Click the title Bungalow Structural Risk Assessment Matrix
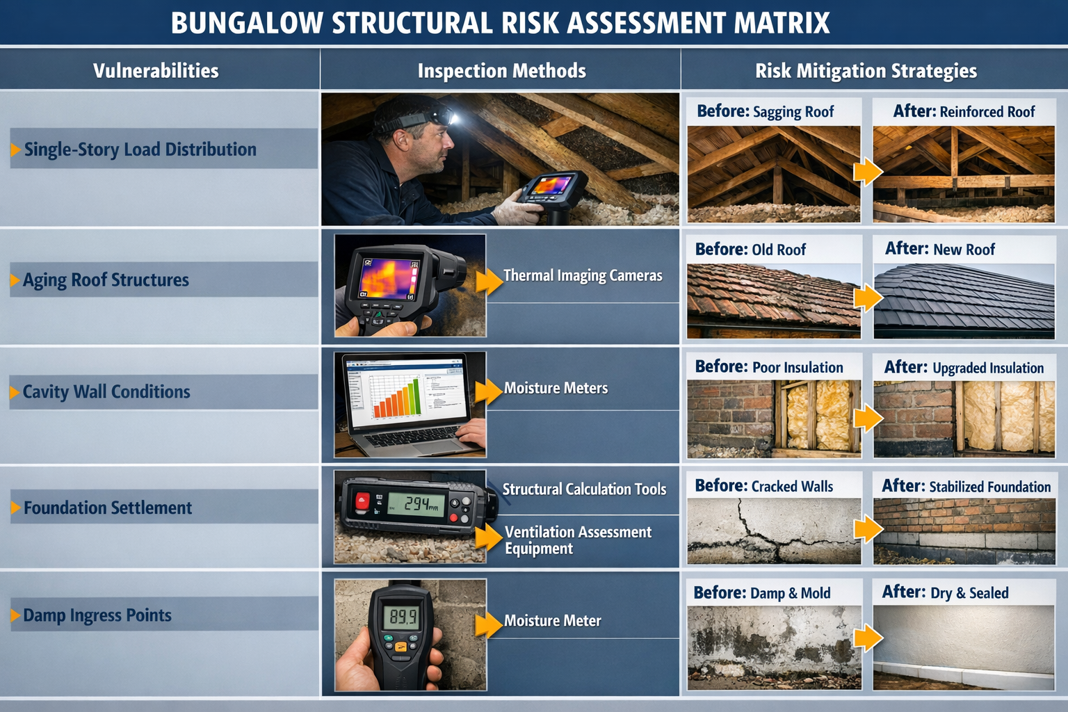point(500,23)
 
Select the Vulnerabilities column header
point(156,71)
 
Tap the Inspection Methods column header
point(501,71)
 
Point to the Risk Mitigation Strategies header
point(866,71)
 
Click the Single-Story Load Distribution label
point(140,149)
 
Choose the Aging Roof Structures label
point(106,280)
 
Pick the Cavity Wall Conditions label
point(106,392)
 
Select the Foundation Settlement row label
point(108,508)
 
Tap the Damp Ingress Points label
point(97,615)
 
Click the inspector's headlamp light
point(448,117)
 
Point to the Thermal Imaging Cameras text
point(583,275)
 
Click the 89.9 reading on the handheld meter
point(403,617)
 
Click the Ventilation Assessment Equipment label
point(578,540)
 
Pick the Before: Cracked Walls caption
point(763,486)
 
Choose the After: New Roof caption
point(939,249)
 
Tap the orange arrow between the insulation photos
point(867,419)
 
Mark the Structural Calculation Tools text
point(584,489)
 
